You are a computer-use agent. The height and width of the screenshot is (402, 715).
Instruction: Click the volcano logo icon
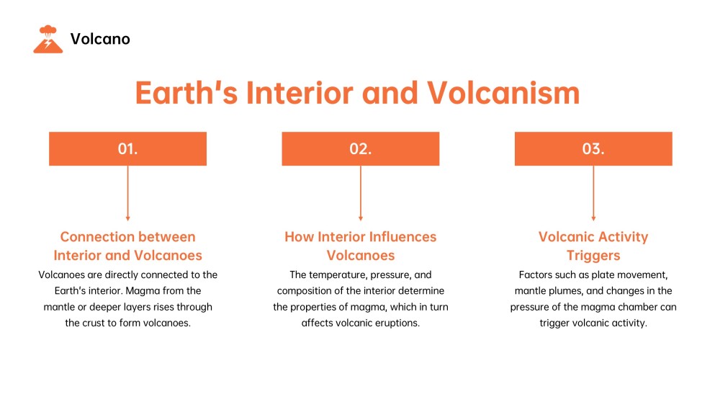click(48, 39)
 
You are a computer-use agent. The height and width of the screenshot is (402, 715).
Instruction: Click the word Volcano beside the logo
click(100, 40)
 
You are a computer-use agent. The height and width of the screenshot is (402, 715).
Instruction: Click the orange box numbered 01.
click(127, 149)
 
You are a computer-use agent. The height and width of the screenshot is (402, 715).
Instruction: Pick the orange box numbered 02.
click(360, 149)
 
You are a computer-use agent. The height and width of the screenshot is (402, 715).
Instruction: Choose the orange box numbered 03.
click(593, 149)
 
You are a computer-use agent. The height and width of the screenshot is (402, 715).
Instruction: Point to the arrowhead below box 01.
click(127, 218)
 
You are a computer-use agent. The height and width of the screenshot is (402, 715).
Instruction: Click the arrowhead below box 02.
click(360, 218)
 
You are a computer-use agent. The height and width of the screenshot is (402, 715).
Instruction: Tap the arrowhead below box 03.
click(593, 218)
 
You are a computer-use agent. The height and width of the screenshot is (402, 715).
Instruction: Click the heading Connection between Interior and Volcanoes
click(127, 246)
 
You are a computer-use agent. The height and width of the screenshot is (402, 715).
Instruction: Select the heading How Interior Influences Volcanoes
click(360, 246)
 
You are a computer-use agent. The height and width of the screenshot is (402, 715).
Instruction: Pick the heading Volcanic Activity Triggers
click(593, 246)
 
